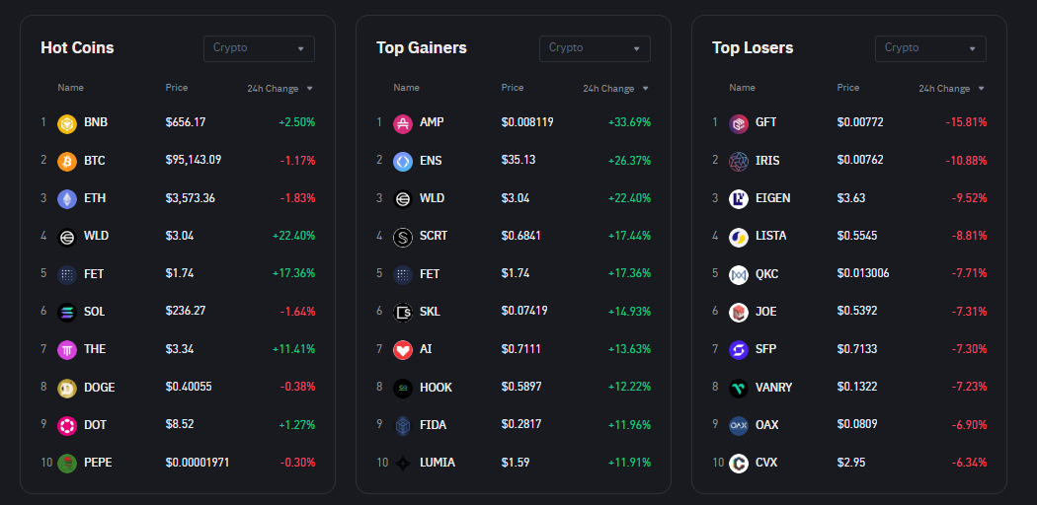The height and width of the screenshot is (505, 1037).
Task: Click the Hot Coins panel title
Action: pyautogui.click(x=77, y=47)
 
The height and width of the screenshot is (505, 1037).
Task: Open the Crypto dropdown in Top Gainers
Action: pyautogui.click(x=595, y=48)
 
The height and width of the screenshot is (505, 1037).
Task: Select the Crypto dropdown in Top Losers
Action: pyautogui.click(x=930, y=48)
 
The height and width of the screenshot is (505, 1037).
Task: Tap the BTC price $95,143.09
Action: pyautogui.click(x=194, y=160)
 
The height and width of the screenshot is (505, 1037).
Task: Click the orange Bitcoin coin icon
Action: pyautogui.click(x=67, y=160)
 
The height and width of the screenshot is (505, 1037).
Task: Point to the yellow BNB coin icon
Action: pyautogui.click(x=67, y=122)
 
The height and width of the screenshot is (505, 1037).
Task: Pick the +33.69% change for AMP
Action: pyautogui.click(x=629, y=122)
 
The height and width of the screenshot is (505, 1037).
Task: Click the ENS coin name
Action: pyautogui.click(x=431, y=160)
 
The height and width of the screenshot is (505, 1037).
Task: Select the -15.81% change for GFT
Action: pyautogui.click(x=966, y=122)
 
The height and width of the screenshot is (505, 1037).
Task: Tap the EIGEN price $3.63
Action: pyautogui.click(x=851, y=198)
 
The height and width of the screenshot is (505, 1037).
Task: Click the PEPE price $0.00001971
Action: pyautogui.click(x=198, y=463)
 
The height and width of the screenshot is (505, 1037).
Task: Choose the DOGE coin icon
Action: pyautogui.click(x=67, y=387)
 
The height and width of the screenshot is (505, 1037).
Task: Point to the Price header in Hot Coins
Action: pyautogui.click(x=177, y=88)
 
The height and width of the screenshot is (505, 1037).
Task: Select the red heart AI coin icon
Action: pyautogui.click(x=403, y=349)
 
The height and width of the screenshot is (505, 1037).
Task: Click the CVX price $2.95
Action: pyautogui.click(x=851, y=463)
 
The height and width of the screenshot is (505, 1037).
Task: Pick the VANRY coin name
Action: pyautogui.click(x=774, y=387)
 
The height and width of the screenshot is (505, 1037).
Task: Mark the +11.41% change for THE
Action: pyautogui.click(x=293, y=349)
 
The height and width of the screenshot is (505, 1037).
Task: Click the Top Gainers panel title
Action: pyautogui.click(x=422, y=47)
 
